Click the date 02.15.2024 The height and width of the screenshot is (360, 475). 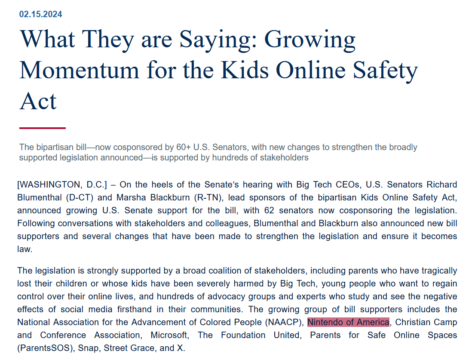pyautogui.click(x=40, y=14)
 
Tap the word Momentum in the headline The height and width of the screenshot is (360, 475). pyautogui.click(x=79, y=70)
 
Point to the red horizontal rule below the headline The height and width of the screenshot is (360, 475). pyautogui.click(x=43, y=128)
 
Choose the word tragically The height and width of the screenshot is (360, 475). pyautogui.click(x=436, y=271)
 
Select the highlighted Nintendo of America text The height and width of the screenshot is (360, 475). pyautogui.click(x=348, y=323)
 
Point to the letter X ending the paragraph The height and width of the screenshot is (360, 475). pyautogui.click(x=180, y=348)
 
